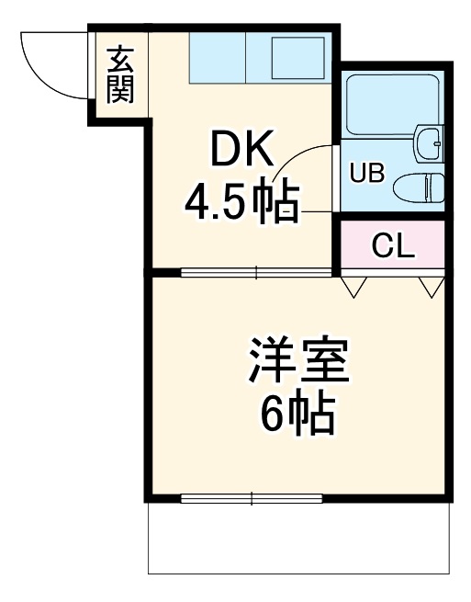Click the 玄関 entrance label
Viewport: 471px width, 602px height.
click(119, 74)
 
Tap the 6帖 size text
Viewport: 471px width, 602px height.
click(298, 416)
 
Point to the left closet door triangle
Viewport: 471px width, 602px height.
click(354, 288)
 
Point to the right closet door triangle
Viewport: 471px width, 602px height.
click(431, 288)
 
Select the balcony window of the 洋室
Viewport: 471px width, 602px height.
click(252, 499)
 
